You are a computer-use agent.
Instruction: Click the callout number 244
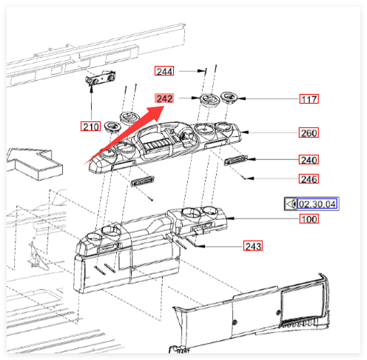pyautogui.click(x=164, y=71)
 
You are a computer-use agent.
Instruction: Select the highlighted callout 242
pyautogui.click(x=164, y=99)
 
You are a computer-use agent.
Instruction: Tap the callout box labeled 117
pyautogui.click(x=309, y=99)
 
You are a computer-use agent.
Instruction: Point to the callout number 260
pyautogui.click(x=309, y=133)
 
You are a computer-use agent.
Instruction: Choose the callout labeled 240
pyautogui.click(x=309, y=159)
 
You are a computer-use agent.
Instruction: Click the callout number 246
pyautogui.click(x=309, y=179)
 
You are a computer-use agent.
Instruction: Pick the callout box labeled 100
pyautogui.click(x=309, y=219)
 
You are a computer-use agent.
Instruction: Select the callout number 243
pyautogui.click(x=253, y=246)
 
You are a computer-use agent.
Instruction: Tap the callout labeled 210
pyautogui.click(x=90, y=126)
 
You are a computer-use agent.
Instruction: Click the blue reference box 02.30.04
pyautogui.click(x=317, y=204)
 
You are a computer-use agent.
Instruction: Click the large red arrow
pyautogui.click(x=124, y=135)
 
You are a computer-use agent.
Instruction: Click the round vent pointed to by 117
pyautogui.click(x=229, y=98)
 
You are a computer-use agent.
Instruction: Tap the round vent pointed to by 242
pyautogui.click(x=209, y=101)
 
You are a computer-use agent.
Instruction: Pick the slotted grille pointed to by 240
pyautogui.click(x=235, y=160)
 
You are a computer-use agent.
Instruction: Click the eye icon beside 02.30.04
pyautogui.click(x=291, y=204)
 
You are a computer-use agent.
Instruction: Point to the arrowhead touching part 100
pyautogui.click(x=231, y=219)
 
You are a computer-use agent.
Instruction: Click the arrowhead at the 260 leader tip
pyautogui.click(x=246, y=133)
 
